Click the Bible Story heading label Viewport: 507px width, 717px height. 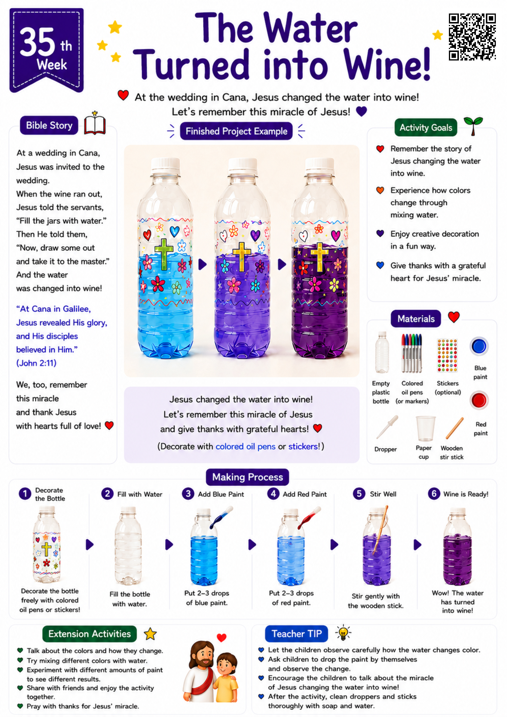pos(49,125)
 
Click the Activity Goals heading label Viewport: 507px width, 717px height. pos(425,127)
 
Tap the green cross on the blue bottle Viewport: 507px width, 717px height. pos(164,254)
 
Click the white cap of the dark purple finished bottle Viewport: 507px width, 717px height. pos(320,166)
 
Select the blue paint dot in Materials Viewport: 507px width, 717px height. pos(479,346)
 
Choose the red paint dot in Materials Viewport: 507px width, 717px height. pos(479,400)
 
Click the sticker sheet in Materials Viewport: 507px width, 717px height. pos(447,356)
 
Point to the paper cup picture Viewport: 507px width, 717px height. pos(425,428)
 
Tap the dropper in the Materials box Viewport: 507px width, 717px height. pos(387,427)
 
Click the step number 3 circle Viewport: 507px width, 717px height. pos(188,494)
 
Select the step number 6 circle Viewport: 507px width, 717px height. pos(434,494)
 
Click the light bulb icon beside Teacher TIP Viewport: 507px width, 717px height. pos(343,633)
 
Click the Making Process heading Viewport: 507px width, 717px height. pos(247,477)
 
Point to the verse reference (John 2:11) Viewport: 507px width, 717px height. pos(36,363)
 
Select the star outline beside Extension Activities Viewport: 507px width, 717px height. pos(150,634)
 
